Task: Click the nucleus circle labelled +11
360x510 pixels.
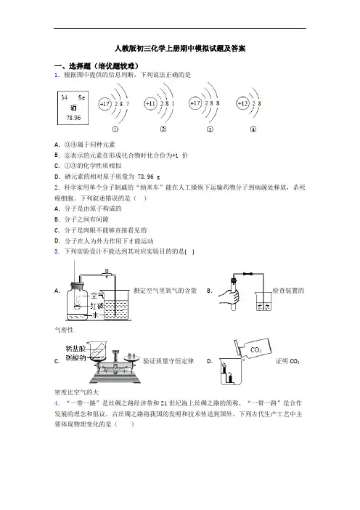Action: [150, 104]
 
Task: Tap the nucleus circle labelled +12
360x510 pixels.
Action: [242, 104]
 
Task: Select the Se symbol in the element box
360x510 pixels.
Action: [81, 97]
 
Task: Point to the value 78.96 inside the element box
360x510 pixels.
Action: [73, 118]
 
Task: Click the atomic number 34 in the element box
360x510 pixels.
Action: [64, 97]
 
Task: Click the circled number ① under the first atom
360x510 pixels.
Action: [115, 129]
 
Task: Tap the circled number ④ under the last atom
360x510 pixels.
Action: [253, 129]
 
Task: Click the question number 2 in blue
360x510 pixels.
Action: [57, 187]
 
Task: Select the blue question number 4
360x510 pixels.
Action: [57, 403]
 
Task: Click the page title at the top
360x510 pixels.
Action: [180, 49]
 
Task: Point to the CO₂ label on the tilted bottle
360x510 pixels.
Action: [255, 350]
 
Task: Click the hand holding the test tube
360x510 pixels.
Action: [230, 296]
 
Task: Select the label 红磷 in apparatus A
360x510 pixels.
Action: [97, 306]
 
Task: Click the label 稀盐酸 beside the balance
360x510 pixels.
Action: [75, 349]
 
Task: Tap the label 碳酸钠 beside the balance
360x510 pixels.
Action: [75, 357]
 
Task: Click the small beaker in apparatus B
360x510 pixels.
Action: [263, 301]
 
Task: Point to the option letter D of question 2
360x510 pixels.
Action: [57, 241]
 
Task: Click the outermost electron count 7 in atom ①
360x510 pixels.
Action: [127, 104]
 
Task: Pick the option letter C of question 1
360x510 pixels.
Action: [57, 166]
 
